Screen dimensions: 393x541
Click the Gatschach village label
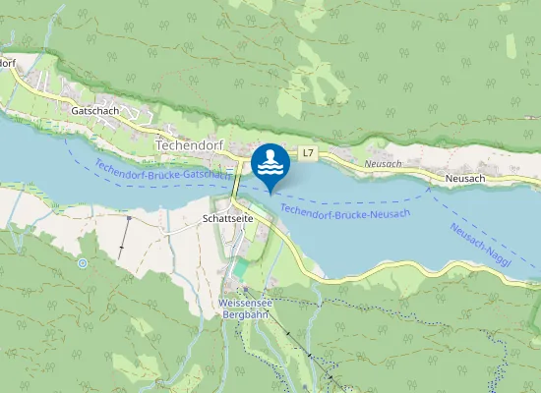click(x=95, y=111)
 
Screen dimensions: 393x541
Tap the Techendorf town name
click(x=190, y=144)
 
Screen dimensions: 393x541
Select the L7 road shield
click(x=308, y=152)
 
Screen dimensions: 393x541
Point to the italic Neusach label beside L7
click(x=383, y=163)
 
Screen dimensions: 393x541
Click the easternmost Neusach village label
click(x=465, y=178)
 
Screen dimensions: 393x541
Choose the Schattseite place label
click(x=228, y=217)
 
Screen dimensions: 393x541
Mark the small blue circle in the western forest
click(x=83, y=263)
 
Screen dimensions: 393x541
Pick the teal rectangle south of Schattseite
click(x=241, y=266)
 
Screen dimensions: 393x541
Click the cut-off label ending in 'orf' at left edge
click(x=8, y=63)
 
